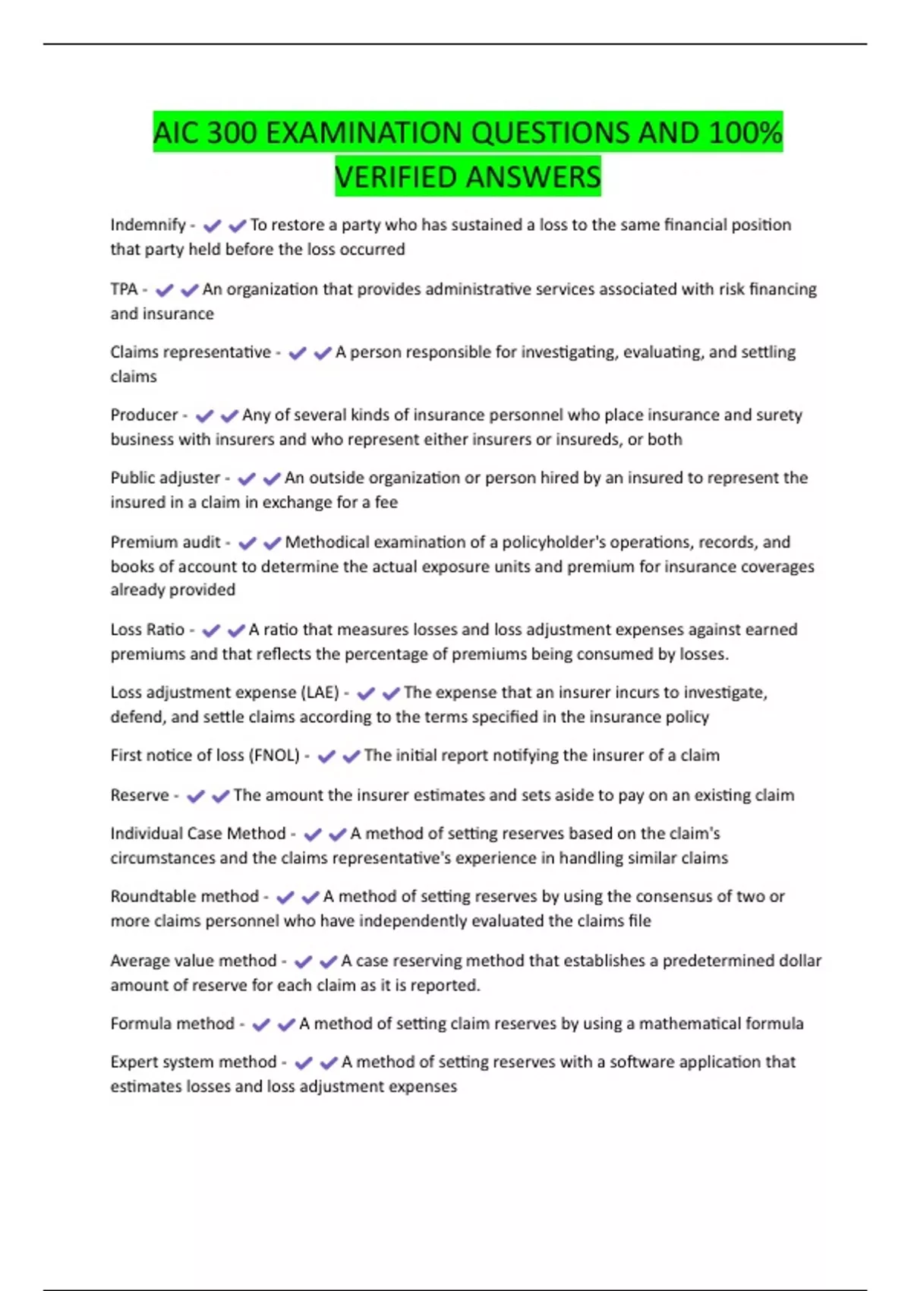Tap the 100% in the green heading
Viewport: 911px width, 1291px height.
[745, 133]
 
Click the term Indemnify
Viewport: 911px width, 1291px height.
[148, 225]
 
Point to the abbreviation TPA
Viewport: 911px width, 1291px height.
[124, 289]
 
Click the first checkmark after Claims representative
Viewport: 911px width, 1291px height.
[298, 353]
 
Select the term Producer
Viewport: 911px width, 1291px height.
[144, 415]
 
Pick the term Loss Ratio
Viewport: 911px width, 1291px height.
[147, 630]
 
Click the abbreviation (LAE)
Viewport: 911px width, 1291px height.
[320, 693]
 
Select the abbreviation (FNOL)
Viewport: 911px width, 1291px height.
[274, 756]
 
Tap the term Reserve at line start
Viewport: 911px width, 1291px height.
[140, 795]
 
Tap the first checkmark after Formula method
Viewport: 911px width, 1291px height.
[261, 1025]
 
